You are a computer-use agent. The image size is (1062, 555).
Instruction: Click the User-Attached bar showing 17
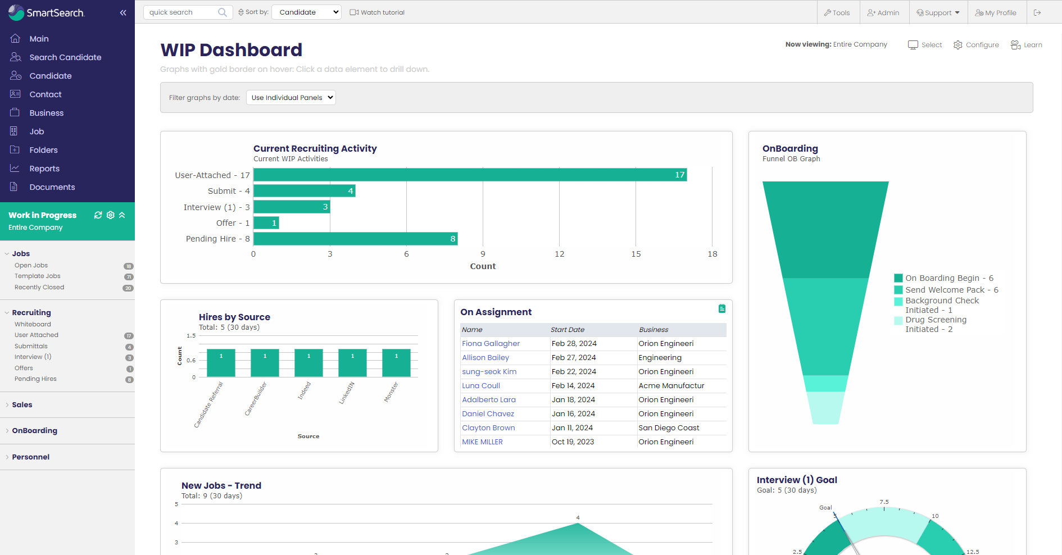(x=470, y=175)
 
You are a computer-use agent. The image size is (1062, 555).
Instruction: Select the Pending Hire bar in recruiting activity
(x=355, y=239)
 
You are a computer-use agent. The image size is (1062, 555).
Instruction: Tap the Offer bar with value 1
(x=266, y=223)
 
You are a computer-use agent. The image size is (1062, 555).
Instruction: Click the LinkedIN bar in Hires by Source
(x=352, y=363)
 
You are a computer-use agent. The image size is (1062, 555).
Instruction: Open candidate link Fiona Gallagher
(x=491, y=344)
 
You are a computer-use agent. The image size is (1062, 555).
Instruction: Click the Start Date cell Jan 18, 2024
(x=573, y=400)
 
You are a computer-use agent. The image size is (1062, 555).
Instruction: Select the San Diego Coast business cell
(x=669, y=428)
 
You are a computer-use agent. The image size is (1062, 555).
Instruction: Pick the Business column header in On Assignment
(x=653, y=330)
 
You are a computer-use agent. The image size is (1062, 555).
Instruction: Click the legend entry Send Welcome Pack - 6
(x=951, y=290)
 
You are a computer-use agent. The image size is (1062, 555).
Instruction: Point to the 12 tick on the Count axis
(x=559, y=254)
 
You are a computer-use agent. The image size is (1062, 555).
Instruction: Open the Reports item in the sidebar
(x=44, y=169)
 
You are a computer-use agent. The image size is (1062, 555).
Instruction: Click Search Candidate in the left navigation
(x=65, y=57)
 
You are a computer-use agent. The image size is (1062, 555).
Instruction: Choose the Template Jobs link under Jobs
(x=38, y=276)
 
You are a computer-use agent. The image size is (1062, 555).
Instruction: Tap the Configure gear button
(x=976, y=45)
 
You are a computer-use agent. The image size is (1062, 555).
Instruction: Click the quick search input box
(x=181, y=12)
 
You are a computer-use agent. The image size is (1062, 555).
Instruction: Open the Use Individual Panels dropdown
(x=291, y=98)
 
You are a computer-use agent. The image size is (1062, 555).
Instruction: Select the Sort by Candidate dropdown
(x=306, y=12)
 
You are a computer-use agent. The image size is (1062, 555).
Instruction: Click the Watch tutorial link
(x=377, y=12)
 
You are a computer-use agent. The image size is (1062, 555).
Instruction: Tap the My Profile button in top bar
(x=996, y=12)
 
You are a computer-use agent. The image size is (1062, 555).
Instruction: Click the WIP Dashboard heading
(x=231, y=50)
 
